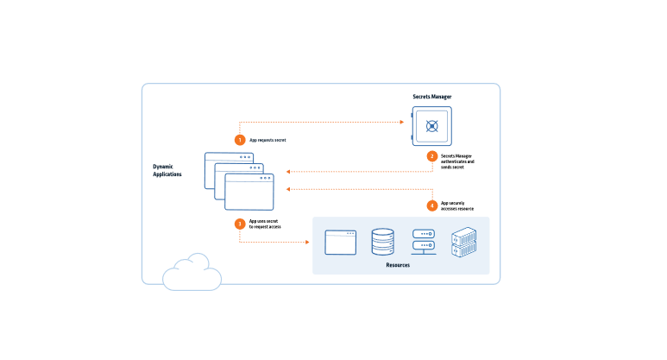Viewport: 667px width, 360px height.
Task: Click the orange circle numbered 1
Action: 240,139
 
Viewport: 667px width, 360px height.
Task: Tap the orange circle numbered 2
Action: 432,156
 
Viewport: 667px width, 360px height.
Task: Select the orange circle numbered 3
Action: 240,224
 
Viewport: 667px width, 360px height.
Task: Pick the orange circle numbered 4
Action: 432,205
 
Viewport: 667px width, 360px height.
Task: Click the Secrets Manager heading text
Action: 432,97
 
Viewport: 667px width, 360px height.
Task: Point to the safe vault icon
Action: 431,127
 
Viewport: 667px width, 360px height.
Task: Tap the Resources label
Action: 398,265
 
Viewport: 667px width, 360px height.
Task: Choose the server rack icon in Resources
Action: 464,243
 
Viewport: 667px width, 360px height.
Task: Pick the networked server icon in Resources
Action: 423,241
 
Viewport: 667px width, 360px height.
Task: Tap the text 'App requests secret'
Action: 267,139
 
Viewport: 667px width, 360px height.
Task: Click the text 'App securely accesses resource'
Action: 458,205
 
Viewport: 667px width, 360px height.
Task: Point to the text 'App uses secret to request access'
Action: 265,224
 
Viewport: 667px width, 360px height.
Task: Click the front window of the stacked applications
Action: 249,192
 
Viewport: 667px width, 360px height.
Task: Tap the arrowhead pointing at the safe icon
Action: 403,123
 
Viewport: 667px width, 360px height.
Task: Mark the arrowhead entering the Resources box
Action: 309,242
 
